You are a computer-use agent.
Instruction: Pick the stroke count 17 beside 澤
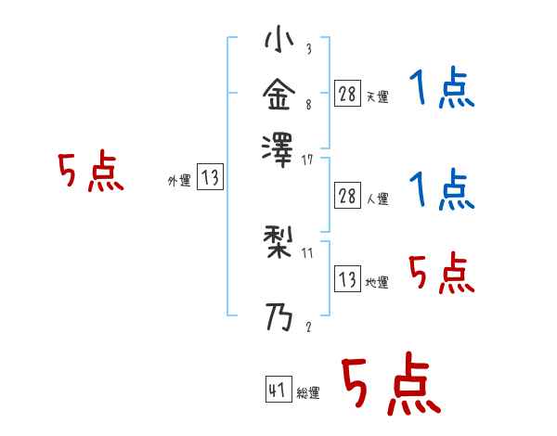(307, 160)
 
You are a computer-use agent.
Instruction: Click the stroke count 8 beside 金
(307, 105)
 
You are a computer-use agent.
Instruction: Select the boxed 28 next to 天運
(347, 93)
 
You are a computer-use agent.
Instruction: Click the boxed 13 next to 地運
(347, 278)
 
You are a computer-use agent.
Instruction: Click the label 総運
(308, 393)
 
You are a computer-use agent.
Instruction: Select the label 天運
(377, 96)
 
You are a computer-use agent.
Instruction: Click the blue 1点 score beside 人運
(442, 190)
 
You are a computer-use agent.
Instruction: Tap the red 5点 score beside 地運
(442, 274)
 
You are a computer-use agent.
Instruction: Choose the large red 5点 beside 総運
(390, 386)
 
